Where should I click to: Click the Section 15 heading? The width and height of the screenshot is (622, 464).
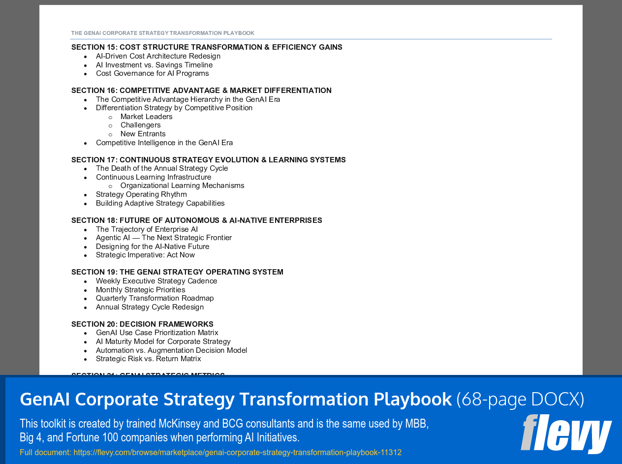(207, 47)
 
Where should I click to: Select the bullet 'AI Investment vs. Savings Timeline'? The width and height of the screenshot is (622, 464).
(154, 65)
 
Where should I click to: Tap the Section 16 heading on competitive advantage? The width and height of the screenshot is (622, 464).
(201, 91)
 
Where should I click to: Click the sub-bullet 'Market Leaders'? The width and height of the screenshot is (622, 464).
(146, 117)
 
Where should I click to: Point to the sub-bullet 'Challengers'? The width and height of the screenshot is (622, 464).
(140, 125)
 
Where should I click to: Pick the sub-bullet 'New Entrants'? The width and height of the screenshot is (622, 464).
(143, 134)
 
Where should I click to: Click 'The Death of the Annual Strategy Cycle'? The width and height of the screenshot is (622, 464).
(162, 168)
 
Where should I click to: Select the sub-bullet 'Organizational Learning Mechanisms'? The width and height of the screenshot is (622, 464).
(182, 186)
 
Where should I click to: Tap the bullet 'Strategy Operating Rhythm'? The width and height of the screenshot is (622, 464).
(141, 194)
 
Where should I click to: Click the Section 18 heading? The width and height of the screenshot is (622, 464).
(196, 220)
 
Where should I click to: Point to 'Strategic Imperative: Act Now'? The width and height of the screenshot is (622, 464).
(145, 255)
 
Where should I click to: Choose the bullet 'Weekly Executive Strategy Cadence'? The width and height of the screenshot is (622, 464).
(156, 281)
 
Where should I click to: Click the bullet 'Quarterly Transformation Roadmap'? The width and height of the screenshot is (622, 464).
(155, 298)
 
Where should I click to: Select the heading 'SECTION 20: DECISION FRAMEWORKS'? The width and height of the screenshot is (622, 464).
(142, 324)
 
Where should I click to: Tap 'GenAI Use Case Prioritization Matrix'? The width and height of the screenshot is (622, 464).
(157, 333)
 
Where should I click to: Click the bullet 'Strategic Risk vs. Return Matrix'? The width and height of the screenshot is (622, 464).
(148, 359)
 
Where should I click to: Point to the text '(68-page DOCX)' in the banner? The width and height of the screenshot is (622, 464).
(520, 399)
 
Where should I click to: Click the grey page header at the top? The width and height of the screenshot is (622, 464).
(162, 33)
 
